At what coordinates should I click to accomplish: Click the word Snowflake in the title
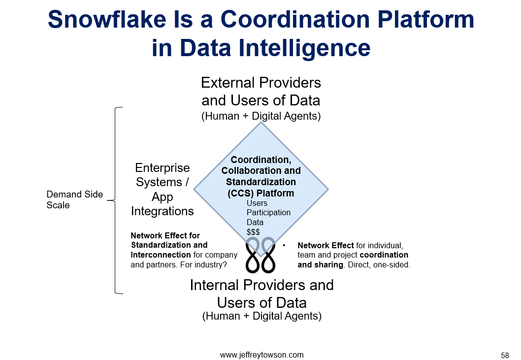point(107,19)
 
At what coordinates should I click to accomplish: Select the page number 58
point(505,355)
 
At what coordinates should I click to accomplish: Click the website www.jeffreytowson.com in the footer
point(261,355)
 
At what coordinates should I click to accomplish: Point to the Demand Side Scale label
point(75,199)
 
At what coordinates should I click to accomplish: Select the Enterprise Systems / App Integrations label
point(162,189)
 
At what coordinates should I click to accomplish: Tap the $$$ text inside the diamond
point(253,232)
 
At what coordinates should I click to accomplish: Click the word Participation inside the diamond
point(268,212)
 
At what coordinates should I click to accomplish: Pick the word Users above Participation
point(257,203)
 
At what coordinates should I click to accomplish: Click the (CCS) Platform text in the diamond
point(261,193)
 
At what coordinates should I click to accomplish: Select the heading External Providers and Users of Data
point(261,92)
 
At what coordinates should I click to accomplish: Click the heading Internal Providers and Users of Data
point(262,294)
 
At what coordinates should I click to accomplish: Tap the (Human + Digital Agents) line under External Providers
point(261,116)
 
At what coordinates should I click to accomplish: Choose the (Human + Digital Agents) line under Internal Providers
point(262,316)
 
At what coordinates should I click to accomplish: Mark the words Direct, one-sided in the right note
point(379,264)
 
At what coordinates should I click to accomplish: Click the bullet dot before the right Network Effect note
point(284,245)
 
